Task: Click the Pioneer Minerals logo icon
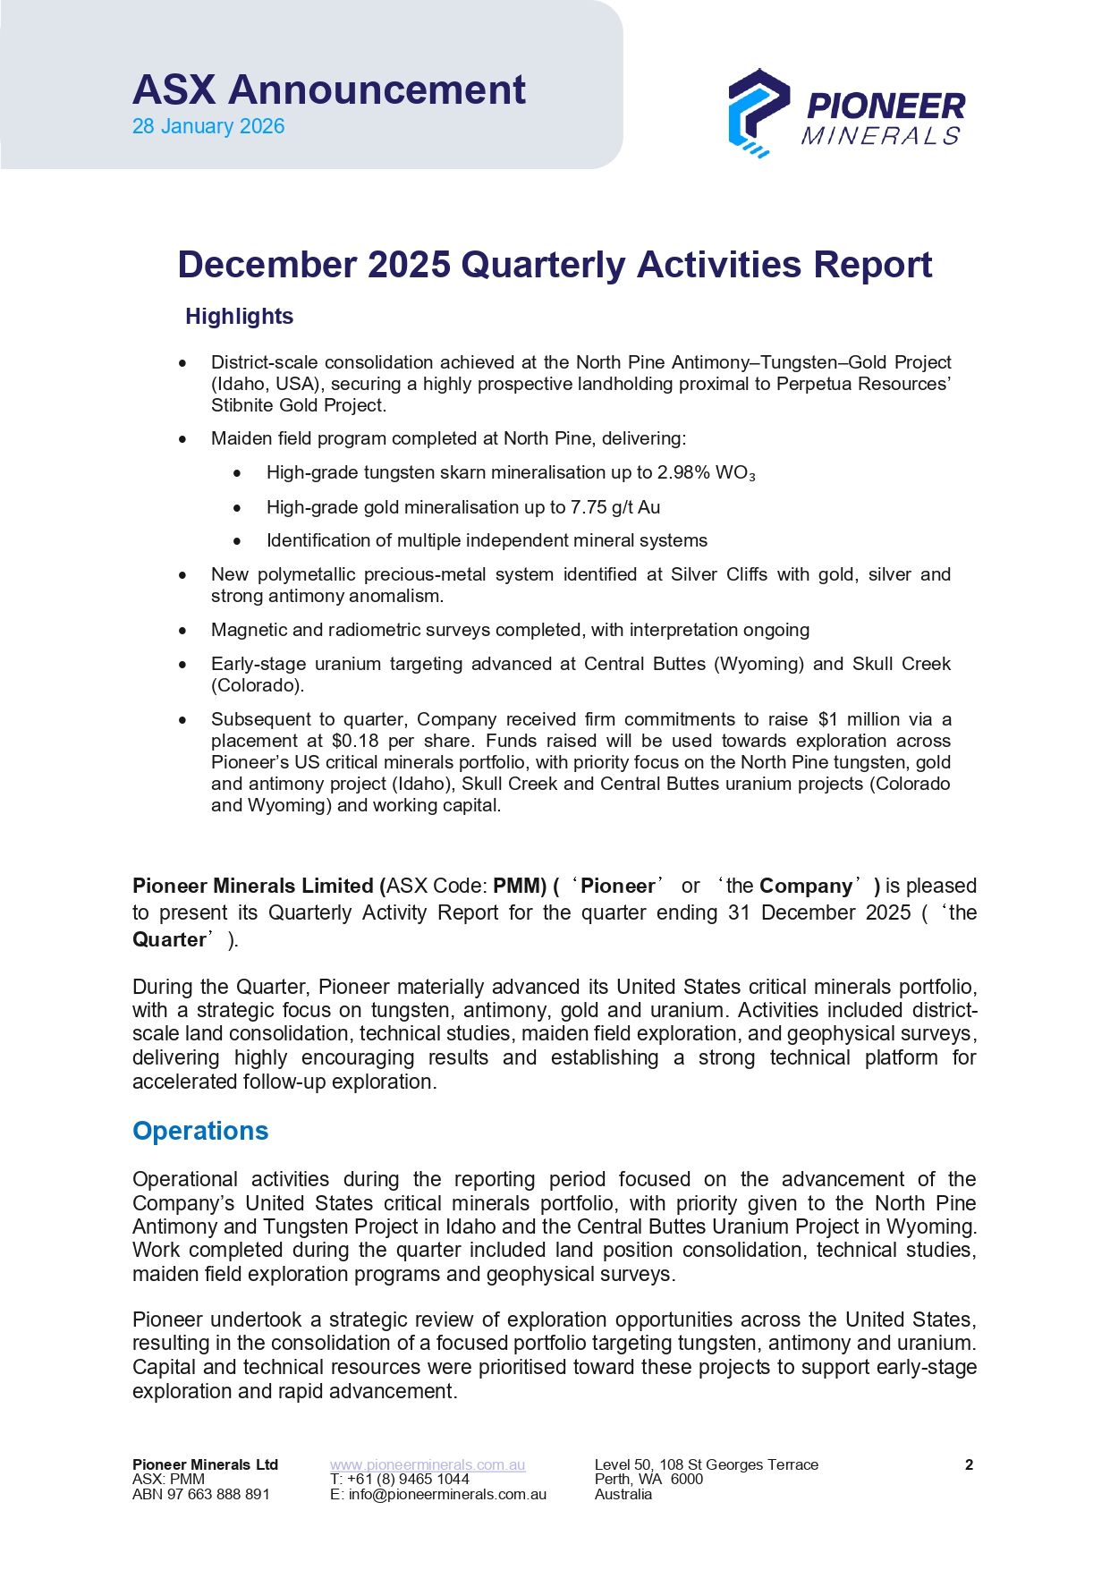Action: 758,112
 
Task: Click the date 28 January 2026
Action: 208,126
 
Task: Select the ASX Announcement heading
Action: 329,89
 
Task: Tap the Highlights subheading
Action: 239,317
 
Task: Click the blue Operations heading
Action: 200,1131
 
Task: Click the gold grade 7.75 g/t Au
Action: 615,507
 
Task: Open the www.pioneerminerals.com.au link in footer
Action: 428,1464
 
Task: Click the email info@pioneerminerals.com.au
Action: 447,1494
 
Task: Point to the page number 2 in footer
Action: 969,1464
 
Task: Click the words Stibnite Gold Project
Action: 299,405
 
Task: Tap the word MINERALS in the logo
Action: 881,136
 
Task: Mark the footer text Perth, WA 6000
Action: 648,1479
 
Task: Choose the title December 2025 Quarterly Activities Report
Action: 555,265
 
